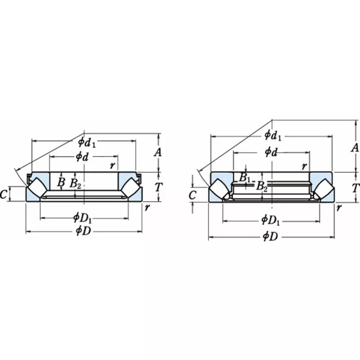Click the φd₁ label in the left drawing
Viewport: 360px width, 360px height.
point(87,143)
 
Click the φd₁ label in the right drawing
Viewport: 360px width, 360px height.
point(273,135)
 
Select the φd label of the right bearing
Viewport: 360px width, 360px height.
point(271,152)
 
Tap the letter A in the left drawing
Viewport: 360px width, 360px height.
point(158,153)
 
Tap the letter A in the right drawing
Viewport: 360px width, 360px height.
point(355,148)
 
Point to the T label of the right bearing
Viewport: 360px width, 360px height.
point(355,188)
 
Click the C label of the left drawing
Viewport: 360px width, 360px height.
point(4,194)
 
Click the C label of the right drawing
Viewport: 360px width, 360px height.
point(192,195)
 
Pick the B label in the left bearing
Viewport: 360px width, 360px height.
point(61,182)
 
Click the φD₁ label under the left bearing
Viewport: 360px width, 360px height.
point(83,218)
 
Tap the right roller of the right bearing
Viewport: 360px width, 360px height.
point(323,189)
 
